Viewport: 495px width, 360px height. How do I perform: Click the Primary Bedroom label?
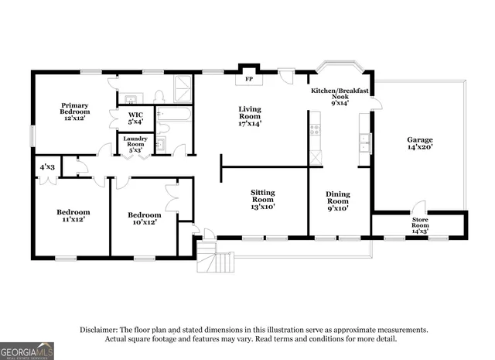[x=75, y=111]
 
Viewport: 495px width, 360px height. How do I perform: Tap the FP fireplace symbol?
[x=249, y=79]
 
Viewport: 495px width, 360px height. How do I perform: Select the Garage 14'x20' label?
[x=420, y=143]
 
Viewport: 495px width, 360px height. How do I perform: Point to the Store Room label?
[x=420, y=225]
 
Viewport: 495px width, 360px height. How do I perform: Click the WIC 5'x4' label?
[x=135, y=118]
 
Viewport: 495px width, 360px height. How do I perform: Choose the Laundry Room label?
[x=135, y=145]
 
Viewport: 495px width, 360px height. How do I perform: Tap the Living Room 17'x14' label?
[x=249, y=115]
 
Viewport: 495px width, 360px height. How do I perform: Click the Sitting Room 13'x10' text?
[x=262, y=199]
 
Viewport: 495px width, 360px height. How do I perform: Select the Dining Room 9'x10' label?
[x=338, y=201]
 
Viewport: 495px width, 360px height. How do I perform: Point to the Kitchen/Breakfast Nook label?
[x=340, y=95]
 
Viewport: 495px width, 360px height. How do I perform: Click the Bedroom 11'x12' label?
[x=73, y=215]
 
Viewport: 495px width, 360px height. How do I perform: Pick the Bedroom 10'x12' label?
[x=145, y=218]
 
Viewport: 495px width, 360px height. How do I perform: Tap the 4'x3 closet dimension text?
[x=47, y=166]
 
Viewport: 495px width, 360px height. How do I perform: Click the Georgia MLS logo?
[x=27, y=351]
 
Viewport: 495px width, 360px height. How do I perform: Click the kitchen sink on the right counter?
[x=364, y=144]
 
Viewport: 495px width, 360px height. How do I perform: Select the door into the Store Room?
[x=418, y=208]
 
